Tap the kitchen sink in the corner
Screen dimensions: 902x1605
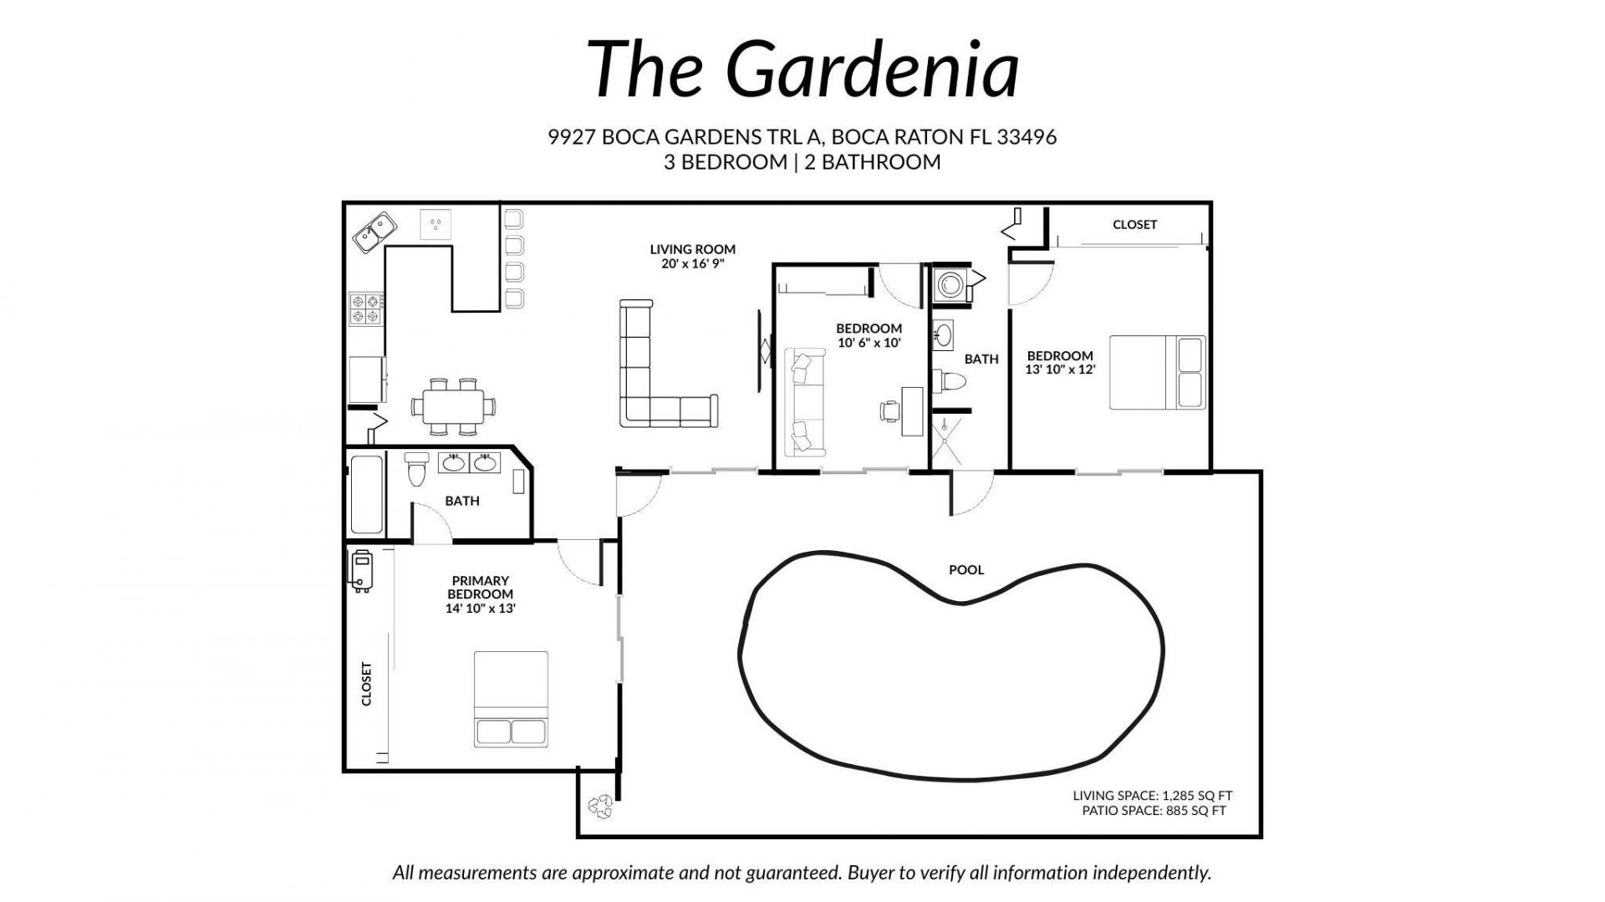coord(374,232)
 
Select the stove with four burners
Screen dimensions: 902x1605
coord(366,308)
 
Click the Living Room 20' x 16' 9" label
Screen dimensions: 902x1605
coord(692,256)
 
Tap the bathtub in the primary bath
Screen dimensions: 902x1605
coord(366,495)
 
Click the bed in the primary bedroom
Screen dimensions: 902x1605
coord(511,699)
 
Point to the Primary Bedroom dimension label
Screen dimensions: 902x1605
coord(480,594)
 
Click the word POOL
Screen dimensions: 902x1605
coord(966,570)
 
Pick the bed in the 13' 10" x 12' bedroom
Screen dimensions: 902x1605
coord(1157,373)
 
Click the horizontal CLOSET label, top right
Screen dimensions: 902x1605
coord(1134,225)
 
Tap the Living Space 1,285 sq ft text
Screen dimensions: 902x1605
coord(1152,796)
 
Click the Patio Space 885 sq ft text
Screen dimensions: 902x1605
coord(1154,811)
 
